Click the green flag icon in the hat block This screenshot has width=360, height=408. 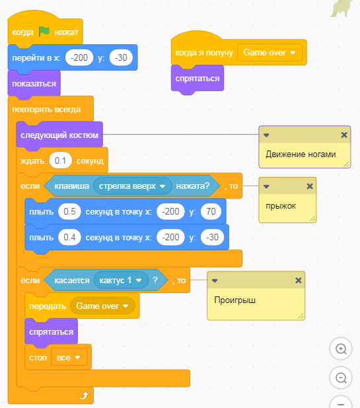[x=44, y=32]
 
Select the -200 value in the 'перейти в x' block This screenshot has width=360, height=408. [x=79, y=57]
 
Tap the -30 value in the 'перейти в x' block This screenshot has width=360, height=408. [x=121, y=57]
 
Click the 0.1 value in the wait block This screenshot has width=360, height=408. [x=60, y=161]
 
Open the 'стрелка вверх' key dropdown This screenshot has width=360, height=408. [x=133, y=186]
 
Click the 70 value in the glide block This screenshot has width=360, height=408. [x=211, y=211]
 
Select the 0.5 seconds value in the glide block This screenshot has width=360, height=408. [x=69, y=211]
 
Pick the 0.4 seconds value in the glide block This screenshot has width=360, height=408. [x=69, y=237]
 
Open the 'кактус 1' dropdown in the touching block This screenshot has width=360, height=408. [x=121, y=280]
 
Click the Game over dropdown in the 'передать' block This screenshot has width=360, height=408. [x=102, y=306]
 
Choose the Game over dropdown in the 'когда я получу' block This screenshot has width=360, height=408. [x=270, y=53]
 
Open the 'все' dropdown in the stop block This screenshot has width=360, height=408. [x=69, y=358]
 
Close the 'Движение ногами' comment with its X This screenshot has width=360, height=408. [x=344, y=135]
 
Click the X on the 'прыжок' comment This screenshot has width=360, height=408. [x=310, y=186]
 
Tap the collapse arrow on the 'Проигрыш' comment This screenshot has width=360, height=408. [x=215, y=281]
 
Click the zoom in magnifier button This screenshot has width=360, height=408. [x=341, y=349]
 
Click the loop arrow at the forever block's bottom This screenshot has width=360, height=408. [x=84, y=395]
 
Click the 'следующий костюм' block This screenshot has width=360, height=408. [x=59, y=135]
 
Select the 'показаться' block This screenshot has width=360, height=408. [x=34, y=84]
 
